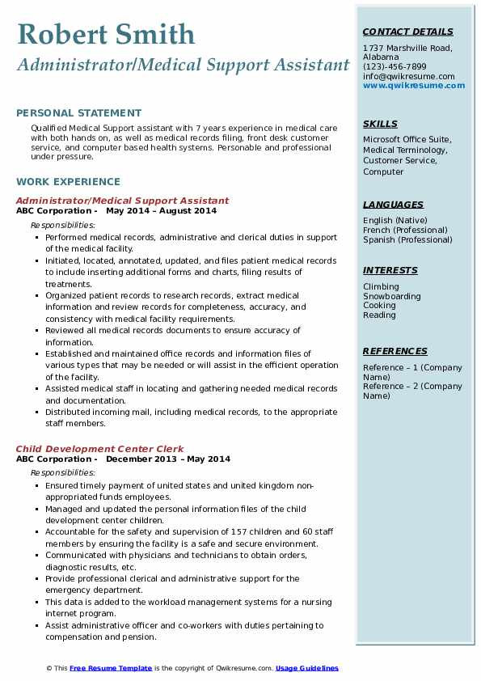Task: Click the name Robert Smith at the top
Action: click(105, 34)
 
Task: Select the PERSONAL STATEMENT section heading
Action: click(78, 113)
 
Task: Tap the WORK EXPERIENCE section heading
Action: click(68, 182)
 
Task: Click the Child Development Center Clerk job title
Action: click(99, 449)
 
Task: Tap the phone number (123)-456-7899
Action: click(395, 67)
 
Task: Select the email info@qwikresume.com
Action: click(408, 77)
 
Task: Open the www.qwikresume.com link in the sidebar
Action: click(414, 86)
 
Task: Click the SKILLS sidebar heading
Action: click(380, 124)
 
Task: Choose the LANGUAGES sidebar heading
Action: click(393, 205)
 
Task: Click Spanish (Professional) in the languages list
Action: click(407, 239)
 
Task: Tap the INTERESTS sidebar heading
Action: click(390, 271)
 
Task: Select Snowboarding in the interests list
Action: click(391, 297)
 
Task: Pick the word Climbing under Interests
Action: click(381, 287)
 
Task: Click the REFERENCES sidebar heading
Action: click(395, 352)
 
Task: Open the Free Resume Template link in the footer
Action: click(111, 668)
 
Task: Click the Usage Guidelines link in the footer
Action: click(307, 668)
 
